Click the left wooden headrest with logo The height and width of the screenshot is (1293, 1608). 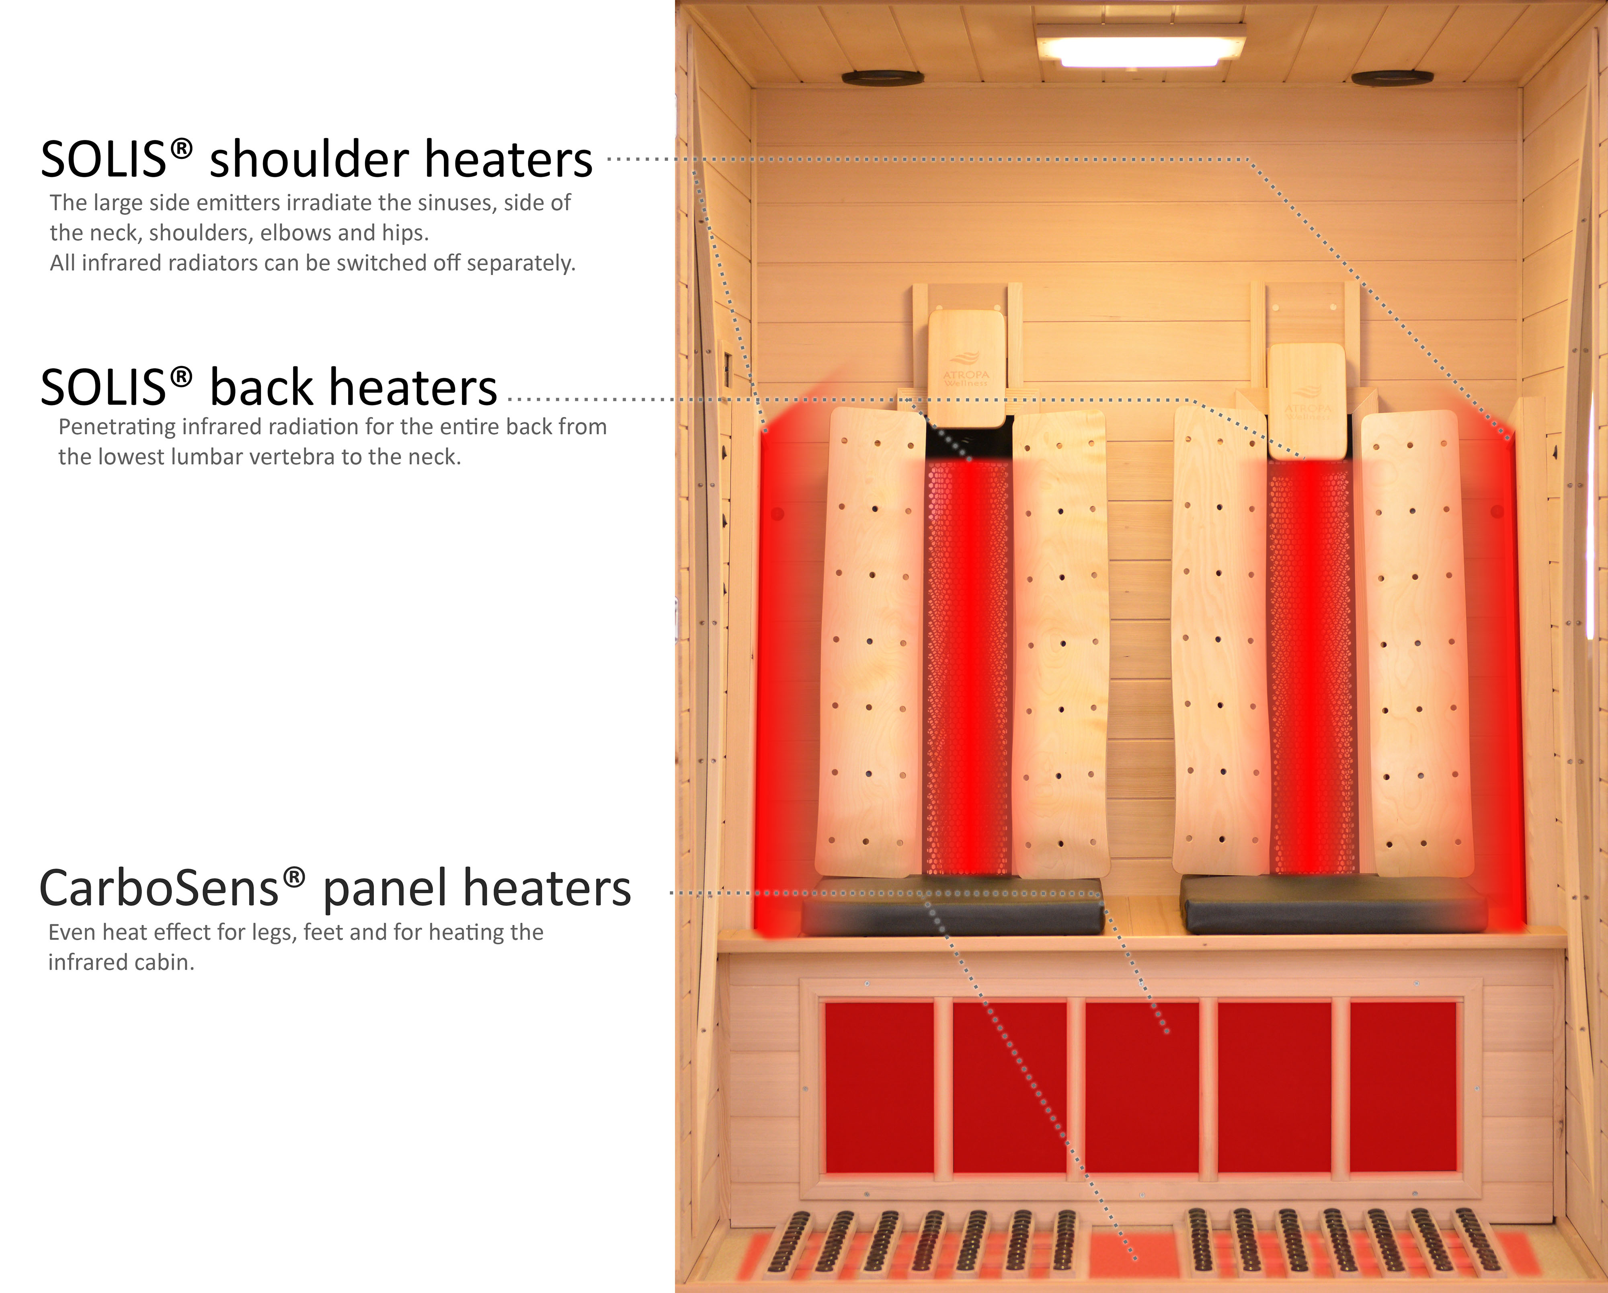(x=966, y=368)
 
